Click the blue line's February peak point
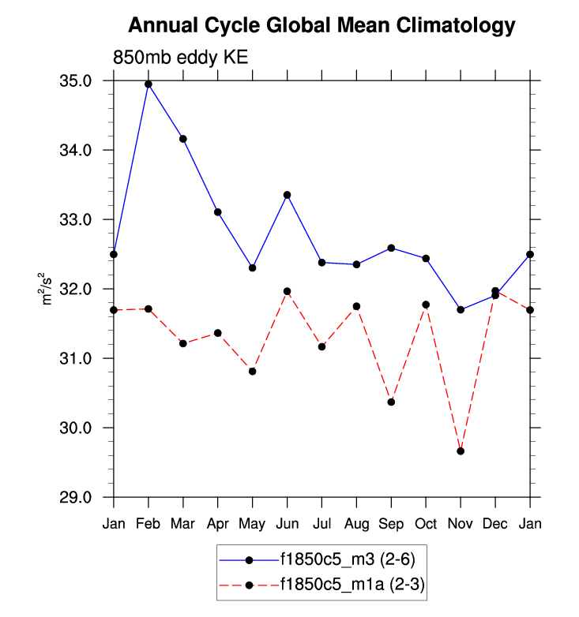coord(149,84)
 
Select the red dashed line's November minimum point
coord(461,451)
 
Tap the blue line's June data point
coord(288,195)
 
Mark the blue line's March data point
coord(183,139)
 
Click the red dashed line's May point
coord(253,371)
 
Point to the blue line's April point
coord(218,212)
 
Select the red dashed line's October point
coord(426,305)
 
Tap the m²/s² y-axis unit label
coord(48,289)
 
